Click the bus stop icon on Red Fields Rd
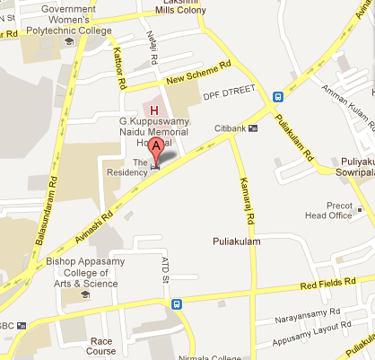[x=177, y=303]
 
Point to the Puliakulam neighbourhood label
[x=236, y=241]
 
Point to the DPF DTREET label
[x=229, y=93]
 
